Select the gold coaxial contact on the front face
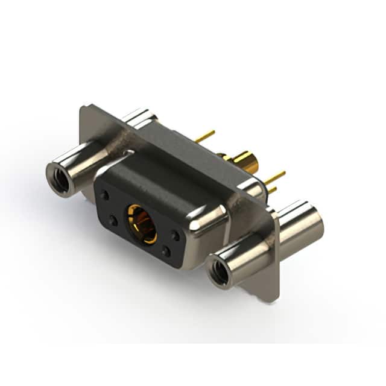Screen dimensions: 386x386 tap(141, 223)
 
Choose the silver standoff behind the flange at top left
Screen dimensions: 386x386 tap(141, 118)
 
